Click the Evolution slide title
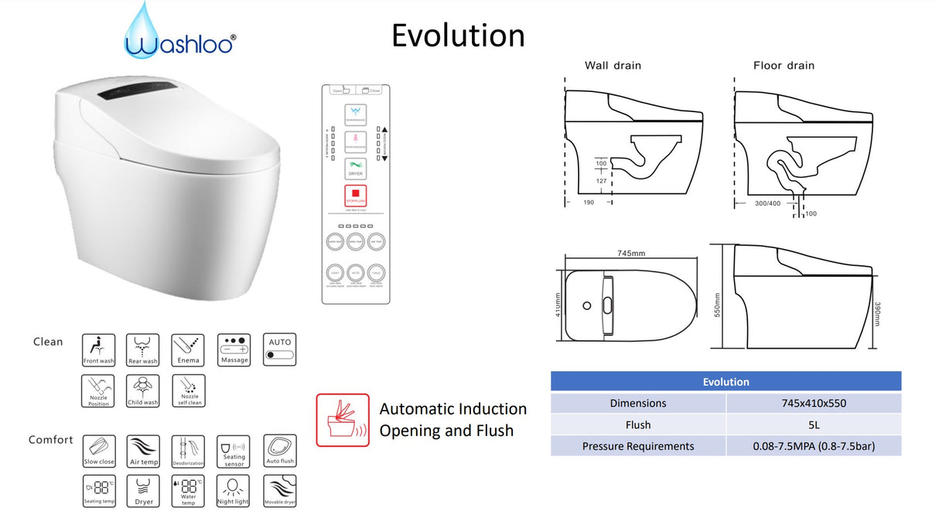tap(458, 36)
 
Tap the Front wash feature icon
tap(98, 349)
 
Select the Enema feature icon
tap(188, 349)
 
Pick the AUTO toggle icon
tap(280, 349)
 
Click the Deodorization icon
tap(188, 450)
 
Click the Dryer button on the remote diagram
tap(355, 169)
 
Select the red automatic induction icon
tap(342, 420)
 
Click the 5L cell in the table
tap(813, 424)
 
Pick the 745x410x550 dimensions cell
tap(813, 403)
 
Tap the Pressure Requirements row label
tap(638, 446)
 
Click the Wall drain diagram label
tap(613, 66)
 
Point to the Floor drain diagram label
tap(784, 66)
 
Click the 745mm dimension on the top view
tap(631, 253)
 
